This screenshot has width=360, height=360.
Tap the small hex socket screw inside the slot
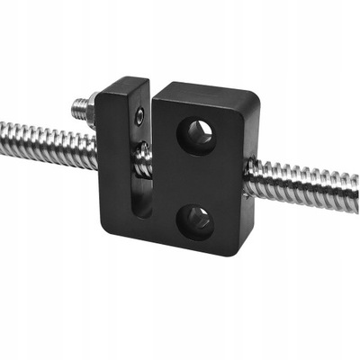pyautogui.click(x=138, y=114)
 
